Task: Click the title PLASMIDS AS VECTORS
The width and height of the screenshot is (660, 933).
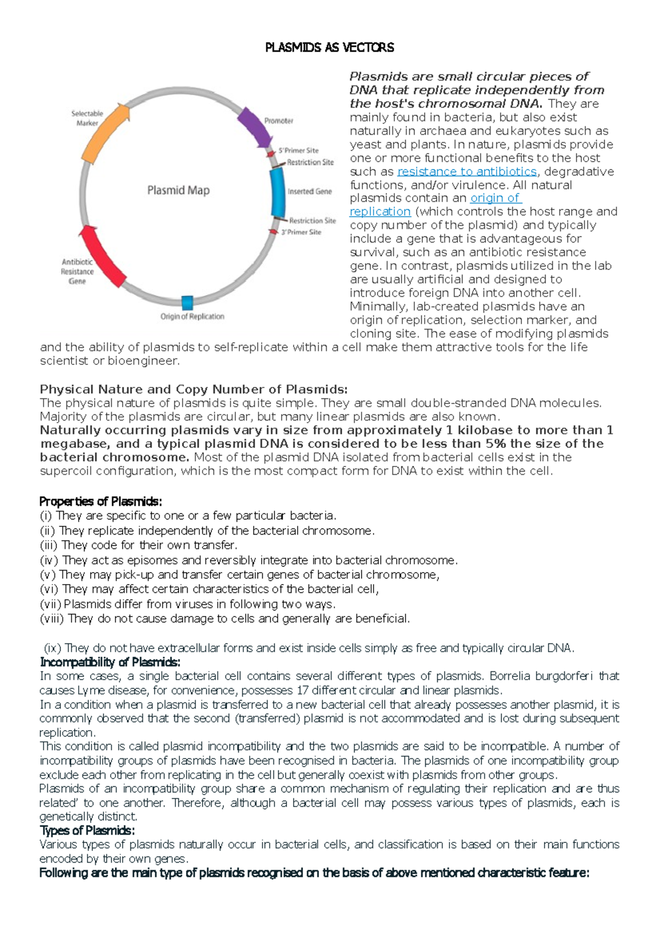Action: tap(329, 48)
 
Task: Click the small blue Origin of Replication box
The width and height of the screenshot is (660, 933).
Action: tap(187, 303)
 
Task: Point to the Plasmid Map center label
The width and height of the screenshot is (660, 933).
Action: tap(178, 190)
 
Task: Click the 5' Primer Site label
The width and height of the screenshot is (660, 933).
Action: tap(298, 150)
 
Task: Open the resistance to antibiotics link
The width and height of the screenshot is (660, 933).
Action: tap(466, 171)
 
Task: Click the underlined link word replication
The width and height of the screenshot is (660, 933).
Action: tap(380, 212)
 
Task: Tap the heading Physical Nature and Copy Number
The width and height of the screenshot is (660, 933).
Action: tap(194, 389)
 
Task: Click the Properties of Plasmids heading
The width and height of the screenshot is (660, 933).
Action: tap(101, 501)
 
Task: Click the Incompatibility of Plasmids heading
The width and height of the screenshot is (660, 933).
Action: tap(110, 662)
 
